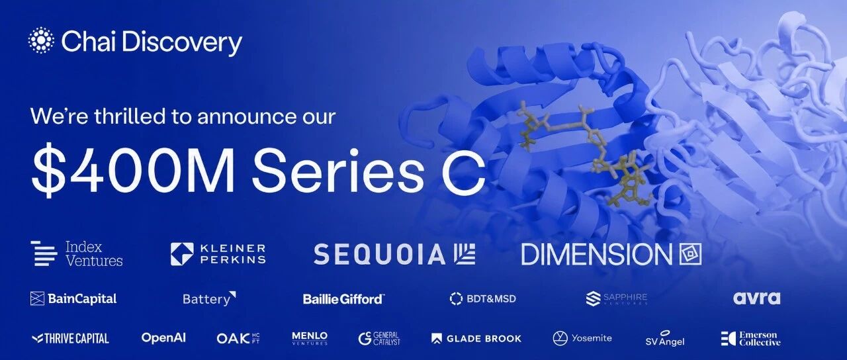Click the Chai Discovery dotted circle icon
click(x=41, y=40)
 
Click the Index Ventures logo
click(x=77, y=253)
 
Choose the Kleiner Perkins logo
click(x=218, y=253)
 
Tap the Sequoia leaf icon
click(x=465, y=253)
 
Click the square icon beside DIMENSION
click(x=690, y=253)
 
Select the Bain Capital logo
click(x=73, y=298)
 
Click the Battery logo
click(x=210, y=298)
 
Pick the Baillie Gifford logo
click(x=343, y=299)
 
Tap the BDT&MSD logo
click(x=482, y=298)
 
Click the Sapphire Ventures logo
click(x=616, y=298)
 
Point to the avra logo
click(x=756, y=298)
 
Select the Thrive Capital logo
click(x=70, y=338)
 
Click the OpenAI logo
click(x=163, y=337)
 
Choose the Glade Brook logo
click(x=476, y=338)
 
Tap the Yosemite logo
click(x=582, y=338)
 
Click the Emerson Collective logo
click(x=750, y=338)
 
